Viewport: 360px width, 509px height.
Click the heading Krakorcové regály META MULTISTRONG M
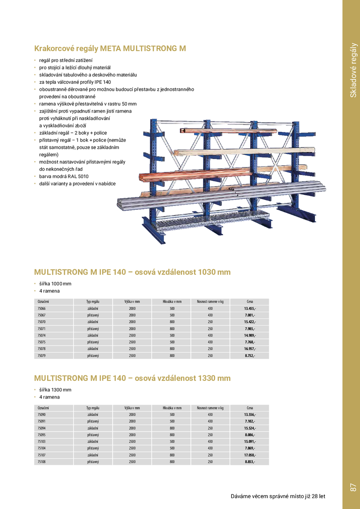[110, 49]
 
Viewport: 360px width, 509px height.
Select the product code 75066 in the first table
[41, 308]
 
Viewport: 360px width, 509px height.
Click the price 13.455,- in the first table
[250, 308]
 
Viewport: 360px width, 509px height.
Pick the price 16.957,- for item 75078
[250, 349]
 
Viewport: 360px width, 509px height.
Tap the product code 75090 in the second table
[41, 415]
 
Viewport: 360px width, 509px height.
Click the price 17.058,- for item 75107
[250, 455]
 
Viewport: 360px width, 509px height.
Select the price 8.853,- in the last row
[250, 462]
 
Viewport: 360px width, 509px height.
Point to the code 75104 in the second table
[41, 448]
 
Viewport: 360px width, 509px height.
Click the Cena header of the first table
[250, 301]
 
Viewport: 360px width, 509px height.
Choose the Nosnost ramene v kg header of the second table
[210, 408]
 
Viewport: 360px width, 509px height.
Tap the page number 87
[352, 487]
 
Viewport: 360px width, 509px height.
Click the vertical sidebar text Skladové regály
[353, 70]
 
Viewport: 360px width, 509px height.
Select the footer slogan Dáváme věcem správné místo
[278, 496]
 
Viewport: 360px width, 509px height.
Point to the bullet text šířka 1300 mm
[55, 390]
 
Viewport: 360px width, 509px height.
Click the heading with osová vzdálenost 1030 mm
[132, 272]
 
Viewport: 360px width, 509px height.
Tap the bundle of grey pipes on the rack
[218, 196]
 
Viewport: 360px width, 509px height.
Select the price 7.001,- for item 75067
[250, 315]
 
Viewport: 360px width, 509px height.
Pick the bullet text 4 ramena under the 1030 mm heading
[49, 291]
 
